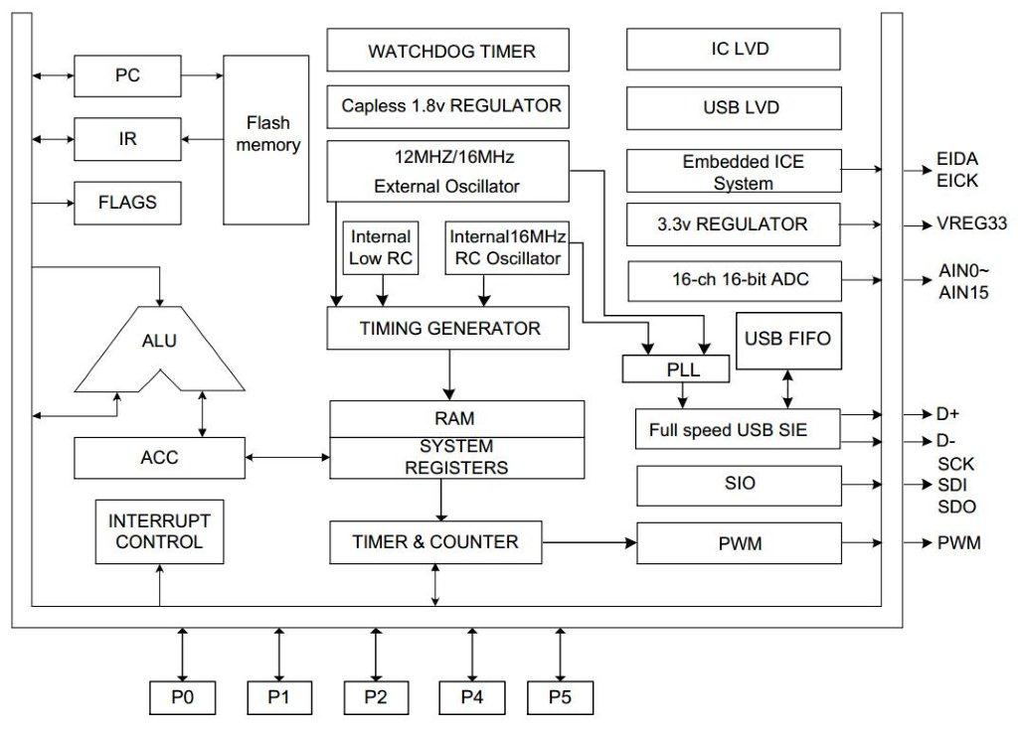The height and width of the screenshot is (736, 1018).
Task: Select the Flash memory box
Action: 266,139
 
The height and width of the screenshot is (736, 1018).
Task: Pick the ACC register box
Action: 159,458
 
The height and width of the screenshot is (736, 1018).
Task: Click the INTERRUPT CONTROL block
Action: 159,531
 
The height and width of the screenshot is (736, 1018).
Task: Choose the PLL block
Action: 675,370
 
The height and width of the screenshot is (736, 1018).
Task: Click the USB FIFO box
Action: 787,339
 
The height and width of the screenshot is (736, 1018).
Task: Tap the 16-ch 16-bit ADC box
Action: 735,280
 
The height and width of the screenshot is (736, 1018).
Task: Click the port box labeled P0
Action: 182,697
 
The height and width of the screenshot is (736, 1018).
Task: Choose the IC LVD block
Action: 735,49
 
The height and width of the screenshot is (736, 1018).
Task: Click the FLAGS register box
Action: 126,203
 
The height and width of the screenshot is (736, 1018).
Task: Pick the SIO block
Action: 740,485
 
